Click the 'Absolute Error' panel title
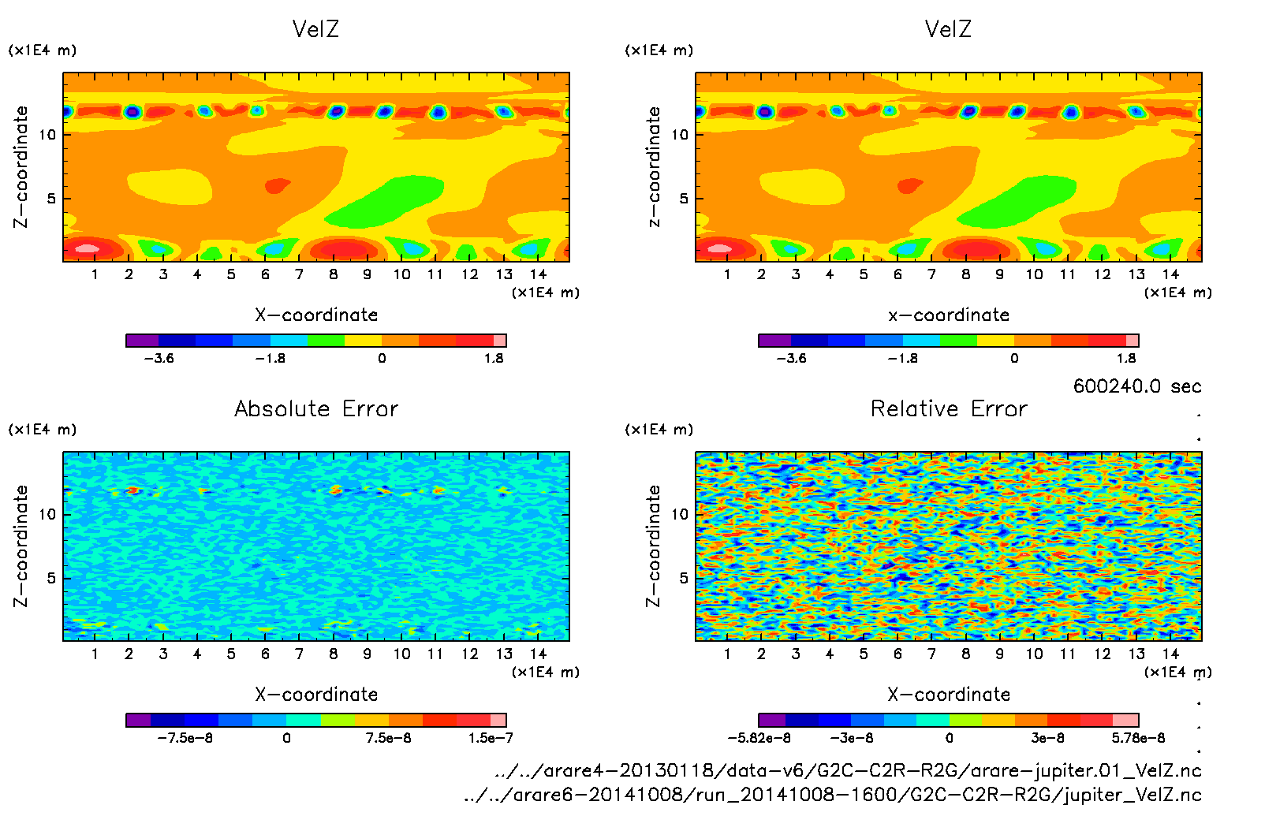(316, 408)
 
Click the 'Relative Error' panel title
(949, 408)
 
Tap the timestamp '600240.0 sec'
(1136, 386)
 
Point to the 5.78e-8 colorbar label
(1138, 738)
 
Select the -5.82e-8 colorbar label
(759, 738)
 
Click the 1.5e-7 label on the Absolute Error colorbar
(491, 738)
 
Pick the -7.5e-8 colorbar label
(185, 738)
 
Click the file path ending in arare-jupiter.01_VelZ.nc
(848, 770)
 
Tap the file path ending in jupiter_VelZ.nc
(833, 795)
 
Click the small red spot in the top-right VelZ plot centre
(910, 185)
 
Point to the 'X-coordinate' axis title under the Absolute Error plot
(316, 695)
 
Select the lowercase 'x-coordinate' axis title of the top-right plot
(949, 315)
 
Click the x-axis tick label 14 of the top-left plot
(538, 274)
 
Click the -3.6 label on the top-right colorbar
(791, 358)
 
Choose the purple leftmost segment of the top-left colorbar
(142, 341)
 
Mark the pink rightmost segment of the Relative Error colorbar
(1125, 720)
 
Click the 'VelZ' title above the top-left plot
(315, 29)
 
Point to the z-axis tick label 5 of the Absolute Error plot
(52, 578)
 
